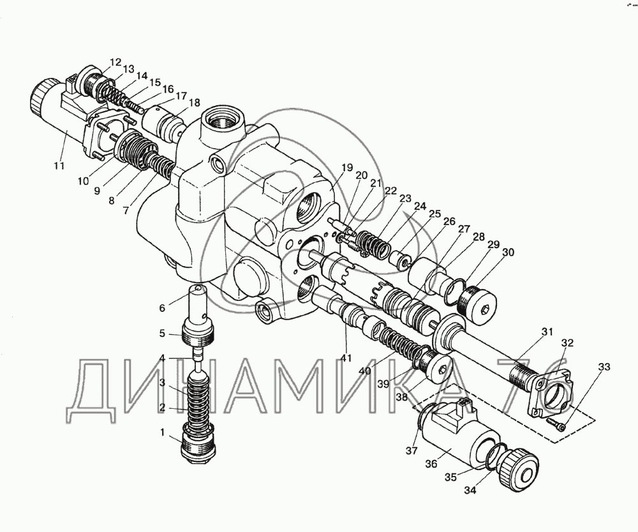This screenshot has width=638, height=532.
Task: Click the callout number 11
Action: pos(59,166)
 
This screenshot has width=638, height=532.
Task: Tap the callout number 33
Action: pos(604,367)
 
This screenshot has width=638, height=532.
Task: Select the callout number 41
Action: pos(346,358)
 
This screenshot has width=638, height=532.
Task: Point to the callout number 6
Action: pos(162,308)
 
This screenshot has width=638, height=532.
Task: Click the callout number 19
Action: pos(346,168)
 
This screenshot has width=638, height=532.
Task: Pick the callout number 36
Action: pos(431,463)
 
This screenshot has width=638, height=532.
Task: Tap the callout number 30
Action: pos(508,252)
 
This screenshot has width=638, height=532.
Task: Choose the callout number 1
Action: pos(162,432)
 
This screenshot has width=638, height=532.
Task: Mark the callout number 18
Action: pos(195,103)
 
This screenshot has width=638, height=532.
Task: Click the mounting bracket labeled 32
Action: pos(551,392)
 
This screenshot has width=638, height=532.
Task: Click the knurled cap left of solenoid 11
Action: pos(43,97)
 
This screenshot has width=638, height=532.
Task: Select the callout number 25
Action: pos(434,214)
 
